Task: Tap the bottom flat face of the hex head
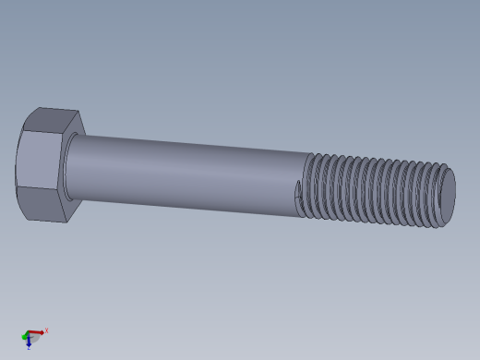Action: coord(42,205)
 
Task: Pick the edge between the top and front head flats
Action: coord(42,133)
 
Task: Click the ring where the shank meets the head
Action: coord(67,166)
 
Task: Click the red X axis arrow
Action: coord(36,332)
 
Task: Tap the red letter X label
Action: coord(46,330)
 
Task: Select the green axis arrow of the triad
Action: coord(25,337)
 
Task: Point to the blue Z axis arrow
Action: coord(29,342)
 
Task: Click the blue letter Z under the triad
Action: coord(29,348)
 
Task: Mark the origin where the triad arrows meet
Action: coord(29,335)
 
